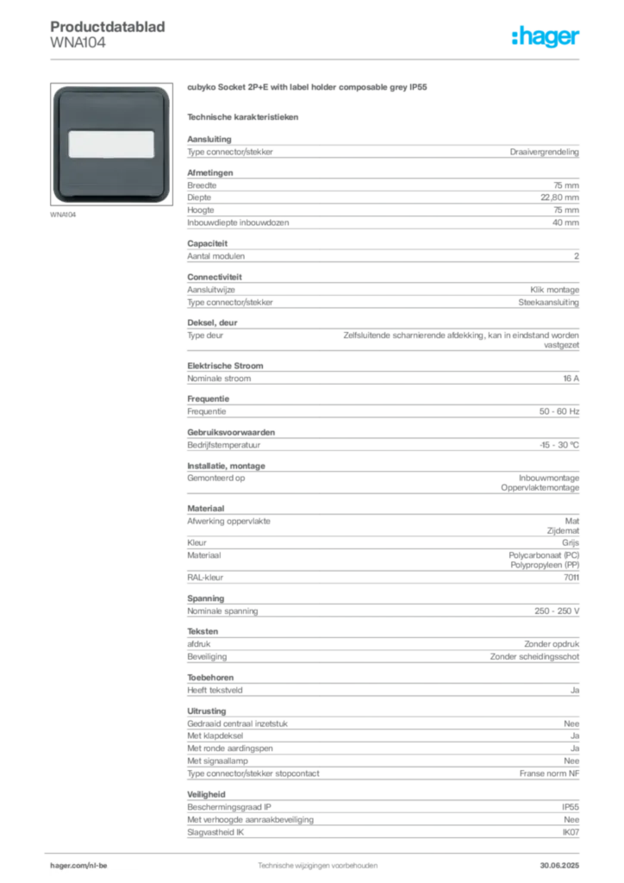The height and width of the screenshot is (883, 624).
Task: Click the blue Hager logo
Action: (546, 38)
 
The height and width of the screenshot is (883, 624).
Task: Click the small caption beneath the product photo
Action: (66, 216)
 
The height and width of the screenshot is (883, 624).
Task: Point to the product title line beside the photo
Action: (309, 89)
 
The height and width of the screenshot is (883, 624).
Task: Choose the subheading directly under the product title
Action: (244, 116)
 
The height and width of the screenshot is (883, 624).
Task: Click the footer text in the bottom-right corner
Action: (565, 862)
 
